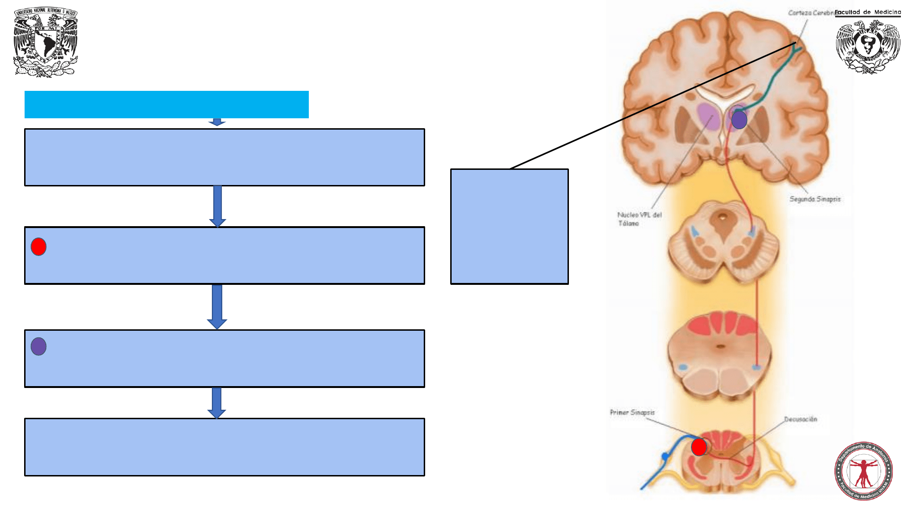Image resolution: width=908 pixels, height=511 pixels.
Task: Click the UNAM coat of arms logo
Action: coord(45,42)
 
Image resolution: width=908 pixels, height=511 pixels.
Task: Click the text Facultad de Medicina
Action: coord(867,12)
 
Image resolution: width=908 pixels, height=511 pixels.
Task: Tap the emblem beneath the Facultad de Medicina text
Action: coord(868,46)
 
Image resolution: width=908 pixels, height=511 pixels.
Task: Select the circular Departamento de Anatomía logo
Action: coord(863,471)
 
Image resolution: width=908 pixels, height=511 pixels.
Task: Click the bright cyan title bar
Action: coord(166,105)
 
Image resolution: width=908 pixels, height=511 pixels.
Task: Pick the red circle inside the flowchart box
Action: coord(39,247)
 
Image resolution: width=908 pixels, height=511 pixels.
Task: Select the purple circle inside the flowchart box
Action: coord(39,346)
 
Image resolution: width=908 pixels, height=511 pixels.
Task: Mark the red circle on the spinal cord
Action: coord(699,447)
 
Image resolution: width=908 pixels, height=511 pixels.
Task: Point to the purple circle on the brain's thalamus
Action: coord(739,120)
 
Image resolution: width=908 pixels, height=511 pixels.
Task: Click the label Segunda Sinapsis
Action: coord(815,199)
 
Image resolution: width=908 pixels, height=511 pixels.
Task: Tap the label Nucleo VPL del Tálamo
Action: coord(639,219)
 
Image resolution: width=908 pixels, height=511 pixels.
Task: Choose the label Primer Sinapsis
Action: coord(632,413)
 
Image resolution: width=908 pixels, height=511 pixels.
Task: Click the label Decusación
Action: coord(800,419)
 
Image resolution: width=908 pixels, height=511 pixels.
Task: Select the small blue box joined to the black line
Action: coord(509,227)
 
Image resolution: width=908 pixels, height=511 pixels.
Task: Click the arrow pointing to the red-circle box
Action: coord(218,206)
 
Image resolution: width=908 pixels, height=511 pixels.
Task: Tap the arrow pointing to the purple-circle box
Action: coord(217,307)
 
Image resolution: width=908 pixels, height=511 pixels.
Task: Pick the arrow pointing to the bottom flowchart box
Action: coord(217,403)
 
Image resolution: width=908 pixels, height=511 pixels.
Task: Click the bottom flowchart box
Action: coord(225,447)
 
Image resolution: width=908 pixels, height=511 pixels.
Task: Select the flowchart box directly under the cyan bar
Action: coord(225,157)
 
